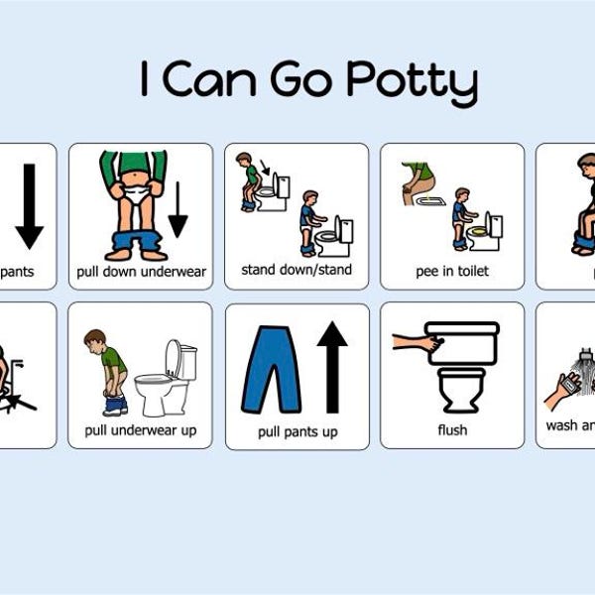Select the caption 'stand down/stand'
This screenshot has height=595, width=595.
(x=296, y=270)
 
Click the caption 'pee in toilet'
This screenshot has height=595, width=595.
(x=452, y=271)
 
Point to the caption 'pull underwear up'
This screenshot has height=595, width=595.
(x=140, y=430)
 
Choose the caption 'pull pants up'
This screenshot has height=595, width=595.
(x=297, y=431)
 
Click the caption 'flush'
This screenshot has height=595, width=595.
(x=452, y=430)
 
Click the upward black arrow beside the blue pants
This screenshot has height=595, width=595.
(x=332, y=366)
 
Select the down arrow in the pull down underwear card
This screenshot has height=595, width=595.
(x=178, y=208)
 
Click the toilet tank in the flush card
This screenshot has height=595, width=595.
(x=462, y=342)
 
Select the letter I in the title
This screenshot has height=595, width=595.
(x=145, y=80)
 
